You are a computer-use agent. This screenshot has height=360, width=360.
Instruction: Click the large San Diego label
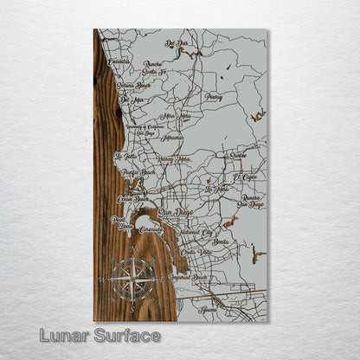coord(176,212)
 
